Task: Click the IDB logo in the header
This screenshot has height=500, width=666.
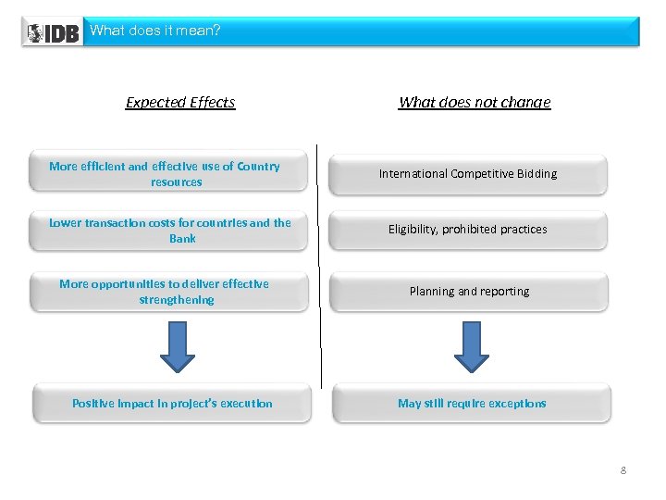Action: coord(53,32)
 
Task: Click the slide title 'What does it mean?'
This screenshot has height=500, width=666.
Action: coord(154,31)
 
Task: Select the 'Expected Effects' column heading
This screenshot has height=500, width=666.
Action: coord(180,103)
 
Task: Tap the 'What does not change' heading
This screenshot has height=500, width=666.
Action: coord(474,103)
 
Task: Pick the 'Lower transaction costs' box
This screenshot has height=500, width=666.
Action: coord(169,231)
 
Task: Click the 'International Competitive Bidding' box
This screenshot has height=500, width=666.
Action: coord(469,174)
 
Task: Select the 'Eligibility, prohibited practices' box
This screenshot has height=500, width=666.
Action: coord(469,230)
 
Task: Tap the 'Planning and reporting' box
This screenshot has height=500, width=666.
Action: coord(469,292)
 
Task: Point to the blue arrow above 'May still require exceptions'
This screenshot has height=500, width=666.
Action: coord(472,346)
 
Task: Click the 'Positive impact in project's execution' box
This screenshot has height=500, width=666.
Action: coord(172,404)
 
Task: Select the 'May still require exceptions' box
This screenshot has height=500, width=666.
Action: coord(472,404)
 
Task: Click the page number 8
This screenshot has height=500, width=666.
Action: coord(623,471)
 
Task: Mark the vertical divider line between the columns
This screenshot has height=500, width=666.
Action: coord(320,269)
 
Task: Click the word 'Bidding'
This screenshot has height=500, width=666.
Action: coord(536,174)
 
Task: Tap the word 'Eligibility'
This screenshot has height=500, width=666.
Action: coord(413,230)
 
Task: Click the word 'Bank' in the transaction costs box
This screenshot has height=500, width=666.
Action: coord(182,239)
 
